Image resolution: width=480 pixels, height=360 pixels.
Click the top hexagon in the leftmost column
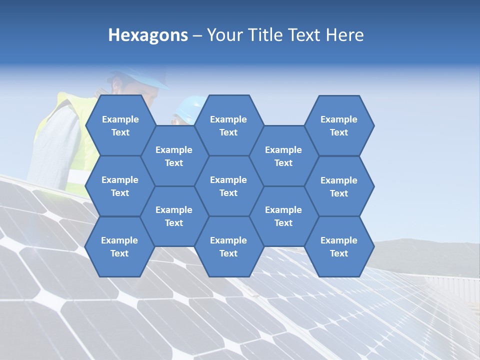[x=120, y=125]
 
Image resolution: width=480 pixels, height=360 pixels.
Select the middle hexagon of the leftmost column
[x=120, y=186]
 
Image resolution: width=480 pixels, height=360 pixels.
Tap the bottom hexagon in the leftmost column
[x=119, y=246]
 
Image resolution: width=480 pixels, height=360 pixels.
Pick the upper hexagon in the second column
[x=174, y=156]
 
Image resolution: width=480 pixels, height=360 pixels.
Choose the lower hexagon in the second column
[x=174, y=216]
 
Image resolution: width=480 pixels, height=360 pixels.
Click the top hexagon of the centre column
[x=228, y=125]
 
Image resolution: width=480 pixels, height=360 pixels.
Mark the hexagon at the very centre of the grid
[x=228, y=186]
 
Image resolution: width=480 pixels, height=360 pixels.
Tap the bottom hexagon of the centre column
[x=228, y=246]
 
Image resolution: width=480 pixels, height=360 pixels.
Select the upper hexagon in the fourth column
[x=283, y=156]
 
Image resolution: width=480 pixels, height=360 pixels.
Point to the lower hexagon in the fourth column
[x=283, y=216]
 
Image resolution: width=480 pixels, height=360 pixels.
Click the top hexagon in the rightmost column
[x=339, y=125]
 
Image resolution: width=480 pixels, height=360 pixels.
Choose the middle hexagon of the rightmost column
[x=339, y=186]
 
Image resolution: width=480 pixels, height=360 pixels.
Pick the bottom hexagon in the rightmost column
[x=339, y=246]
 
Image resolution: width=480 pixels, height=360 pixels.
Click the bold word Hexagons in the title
[x=148, y=35]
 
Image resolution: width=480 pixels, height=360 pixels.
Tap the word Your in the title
[x=222, y=35]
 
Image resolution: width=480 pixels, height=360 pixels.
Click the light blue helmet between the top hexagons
[x=189, y=108]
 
